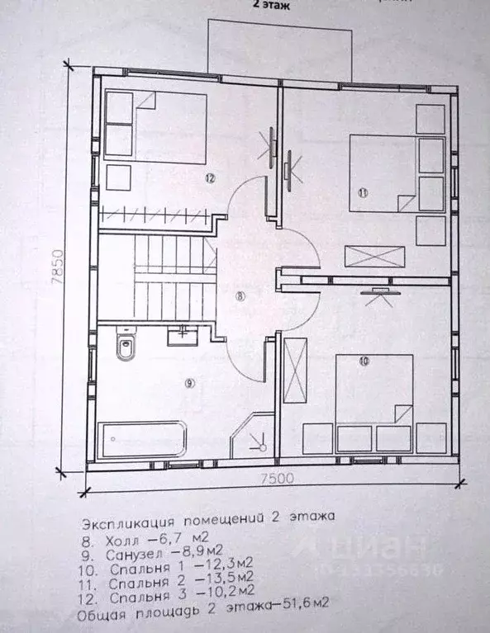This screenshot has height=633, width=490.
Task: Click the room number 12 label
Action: (211, 178)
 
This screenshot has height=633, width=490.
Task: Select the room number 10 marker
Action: (364, 361)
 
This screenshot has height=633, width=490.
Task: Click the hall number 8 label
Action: (240, 297)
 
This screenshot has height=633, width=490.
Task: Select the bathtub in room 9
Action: (143, 441)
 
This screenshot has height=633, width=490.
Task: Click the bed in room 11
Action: (383, 173)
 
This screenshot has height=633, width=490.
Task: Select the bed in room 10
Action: (374, 391)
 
